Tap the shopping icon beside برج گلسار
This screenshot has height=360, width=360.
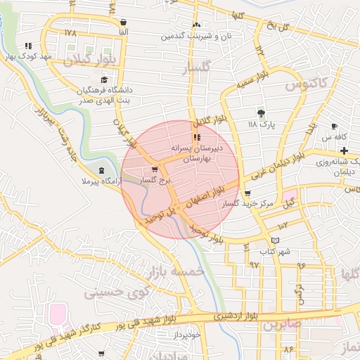pos(155,169)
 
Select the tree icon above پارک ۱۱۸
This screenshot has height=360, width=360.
pos(261,112)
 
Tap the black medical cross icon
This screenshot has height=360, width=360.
pos(344,151)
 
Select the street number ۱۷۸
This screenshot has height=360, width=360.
pos(70,33)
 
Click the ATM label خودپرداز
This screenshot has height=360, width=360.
pos(187,335)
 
